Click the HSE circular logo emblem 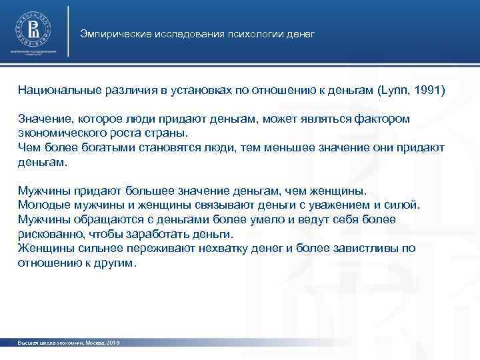(x=33, y=29)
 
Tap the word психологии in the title (x=243, y=33)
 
